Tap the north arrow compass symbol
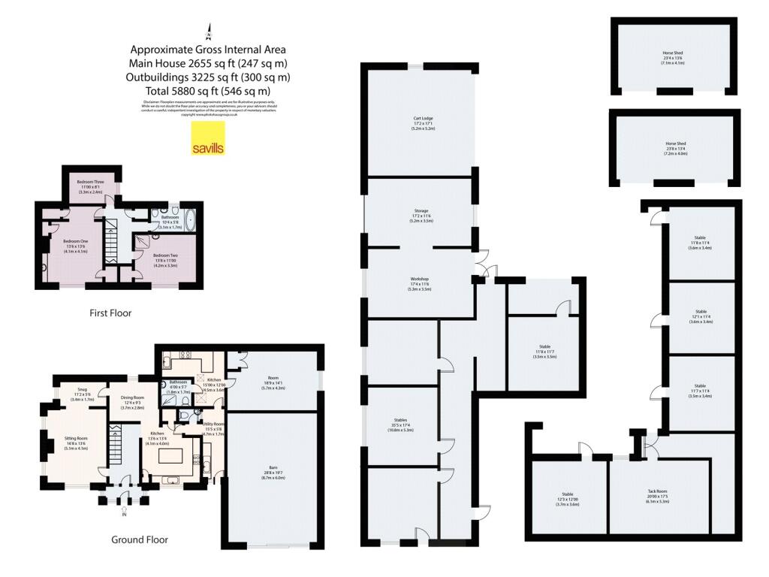pyautogui.click(x=210, y=32)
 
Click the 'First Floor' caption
pyautogui.click(x=110, y=313)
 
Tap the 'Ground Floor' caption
pyautogui.click(x=140, y=539)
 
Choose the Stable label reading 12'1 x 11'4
pyautogui.click(x=701, y=315)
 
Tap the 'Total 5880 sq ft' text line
pyautogui.click(x=210, y=91)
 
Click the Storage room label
pyautogui.click(x=419, y=213)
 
